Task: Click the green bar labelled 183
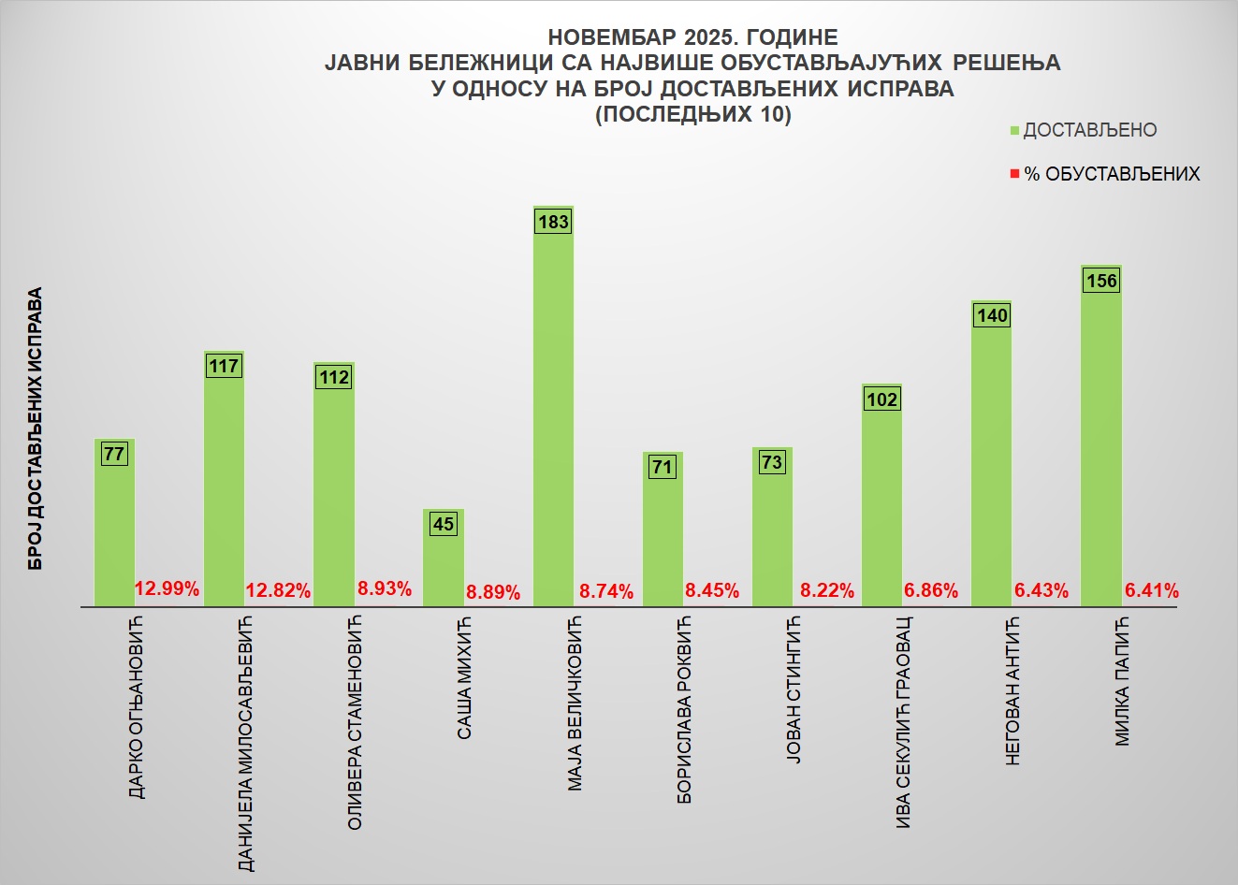click(553, 412)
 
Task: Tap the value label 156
click(1101, 281)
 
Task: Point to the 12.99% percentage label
click(167, 588)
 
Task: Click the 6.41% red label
click(1151, 590)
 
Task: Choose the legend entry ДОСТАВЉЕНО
click(1089, 131)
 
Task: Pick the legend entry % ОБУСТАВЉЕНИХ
click(1112, 174)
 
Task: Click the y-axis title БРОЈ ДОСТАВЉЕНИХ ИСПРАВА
click(35, 428)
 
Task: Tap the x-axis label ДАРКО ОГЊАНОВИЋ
click(137, 707)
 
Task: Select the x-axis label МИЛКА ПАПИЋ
click(1122, 680)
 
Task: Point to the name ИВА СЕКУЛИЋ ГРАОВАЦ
click(903, 721)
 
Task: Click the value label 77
click(114, 455)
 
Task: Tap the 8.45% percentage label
click(712, 590)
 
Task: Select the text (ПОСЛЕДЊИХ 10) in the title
click(692, 115)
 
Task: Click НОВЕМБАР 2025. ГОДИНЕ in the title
click(692, 37)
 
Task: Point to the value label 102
click(881, 399)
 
